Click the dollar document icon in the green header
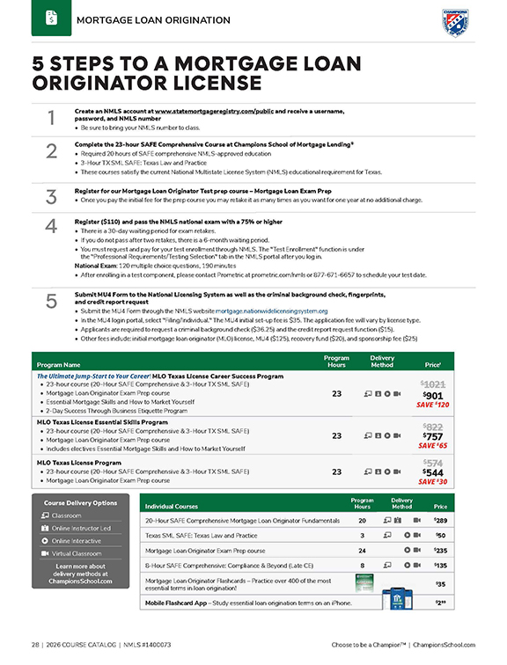[51, 18]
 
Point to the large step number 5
[51, 301]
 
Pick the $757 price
[432, 436]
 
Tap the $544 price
[432, 471]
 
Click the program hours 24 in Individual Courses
[362, 549]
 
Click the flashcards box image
[360, 583]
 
